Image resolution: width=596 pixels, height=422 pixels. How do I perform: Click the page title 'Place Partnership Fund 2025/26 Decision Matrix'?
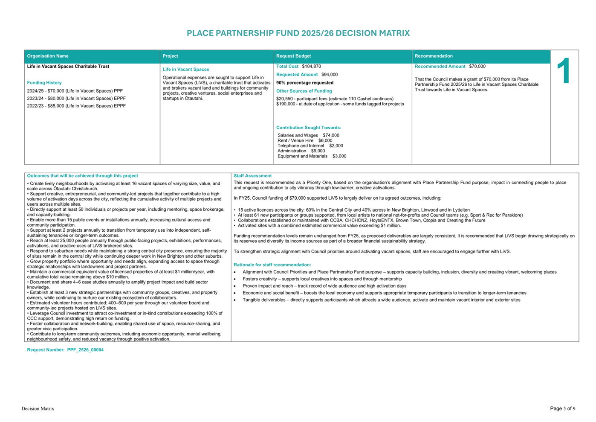coord(298,33)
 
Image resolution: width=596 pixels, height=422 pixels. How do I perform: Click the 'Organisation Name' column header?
coord(48,56)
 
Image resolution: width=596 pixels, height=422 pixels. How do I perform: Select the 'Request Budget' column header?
coord(293,56)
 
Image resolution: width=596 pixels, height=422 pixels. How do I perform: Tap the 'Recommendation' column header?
coord(434,56)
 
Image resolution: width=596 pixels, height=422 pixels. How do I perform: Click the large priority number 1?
coord(564,71)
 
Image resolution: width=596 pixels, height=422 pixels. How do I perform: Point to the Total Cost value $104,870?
coord(312,67)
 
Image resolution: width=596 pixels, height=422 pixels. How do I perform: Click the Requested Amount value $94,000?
coord(330,75)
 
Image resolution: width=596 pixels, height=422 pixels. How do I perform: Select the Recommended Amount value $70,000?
coord(477,67)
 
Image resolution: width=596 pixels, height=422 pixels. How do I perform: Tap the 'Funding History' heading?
coord(44,83)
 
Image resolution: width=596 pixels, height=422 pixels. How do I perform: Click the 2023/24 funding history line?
coord(76,99)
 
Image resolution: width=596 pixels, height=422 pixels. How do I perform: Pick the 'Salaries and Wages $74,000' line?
coord(308,136)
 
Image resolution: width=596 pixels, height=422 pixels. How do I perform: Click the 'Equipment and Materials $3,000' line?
coord(312,156)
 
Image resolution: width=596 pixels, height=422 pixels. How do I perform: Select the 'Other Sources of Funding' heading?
coord(304,91)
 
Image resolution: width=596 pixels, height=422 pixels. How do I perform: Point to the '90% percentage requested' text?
coord(305,83)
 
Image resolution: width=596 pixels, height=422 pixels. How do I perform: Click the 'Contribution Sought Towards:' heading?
coord(309,128)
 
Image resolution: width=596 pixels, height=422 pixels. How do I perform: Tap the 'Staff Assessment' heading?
coord(252,176)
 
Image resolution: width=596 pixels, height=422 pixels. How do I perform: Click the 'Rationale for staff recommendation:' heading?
coord(272,265)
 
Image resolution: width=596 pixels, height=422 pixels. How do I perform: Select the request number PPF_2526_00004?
coord(85,350)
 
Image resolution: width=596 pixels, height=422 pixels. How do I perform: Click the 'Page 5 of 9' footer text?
coord(562,408)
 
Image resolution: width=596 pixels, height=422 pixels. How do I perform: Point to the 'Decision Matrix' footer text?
coord(38,408)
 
